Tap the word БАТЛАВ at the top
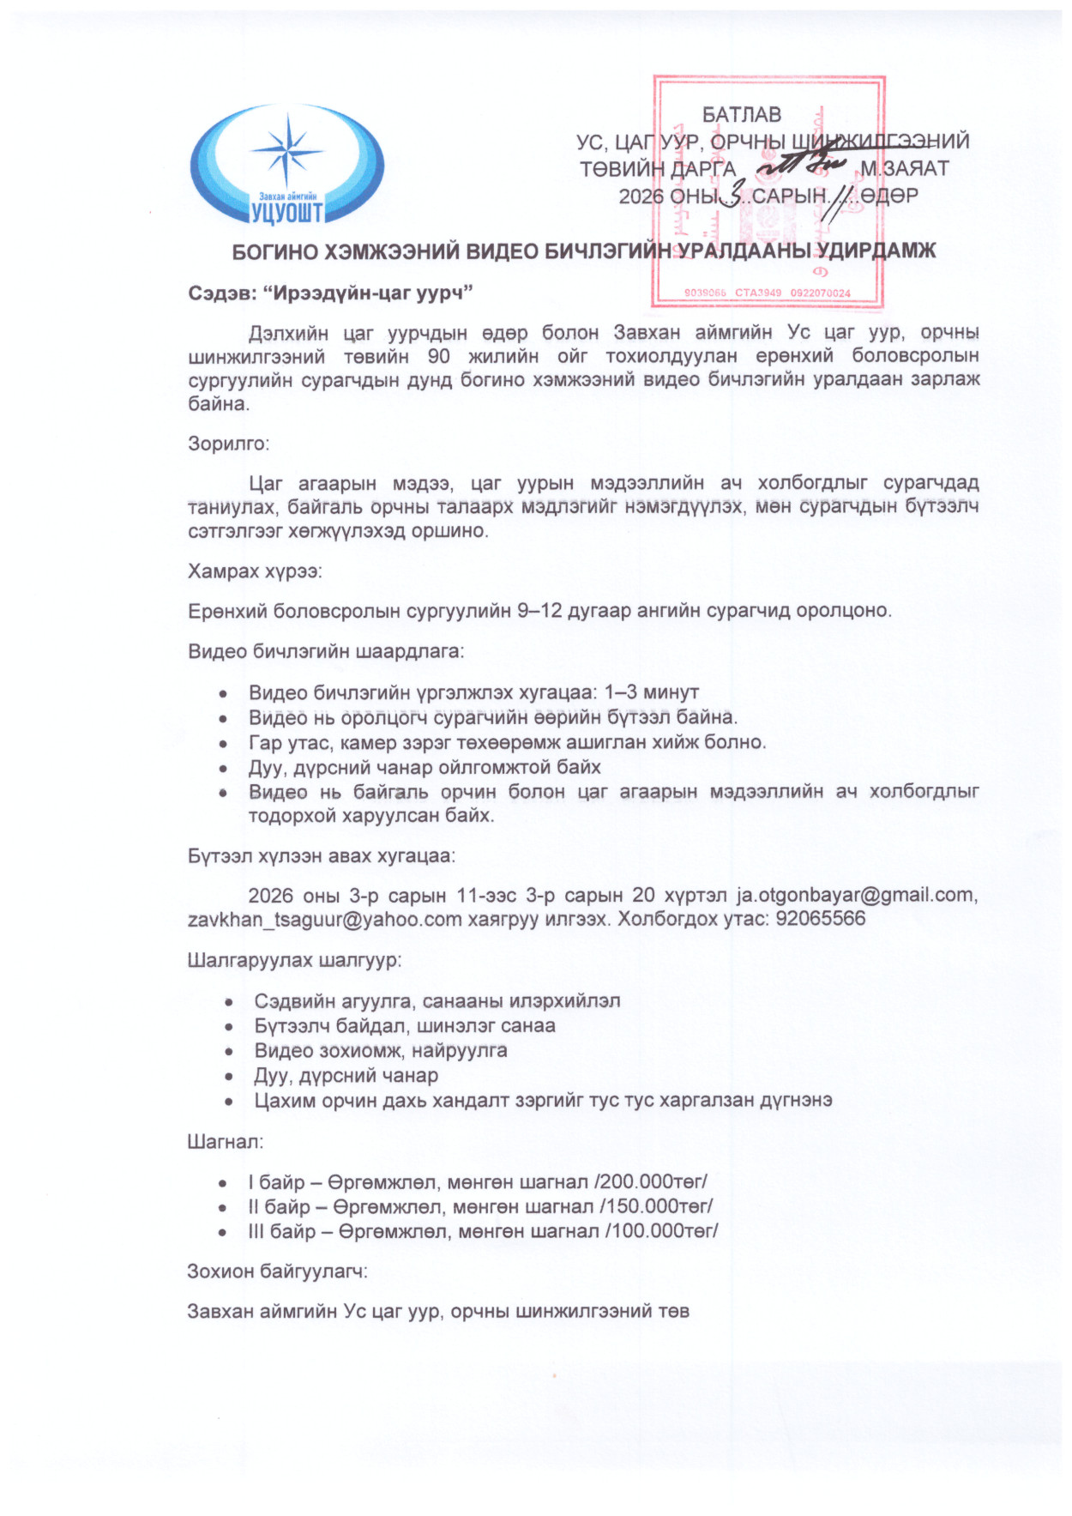[742, 115]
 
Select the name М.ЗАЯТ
[905, 168]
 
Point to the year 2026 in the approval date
[641, 196]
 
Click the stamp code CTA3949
[758, 293]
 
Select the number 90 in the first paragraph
[437, 356]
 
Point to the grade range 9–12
[539, 611]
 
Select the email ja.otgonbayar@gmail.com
[856, 895]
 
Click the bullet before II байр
[223, 1207]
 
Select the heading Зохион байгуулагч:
[277, 1271]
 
